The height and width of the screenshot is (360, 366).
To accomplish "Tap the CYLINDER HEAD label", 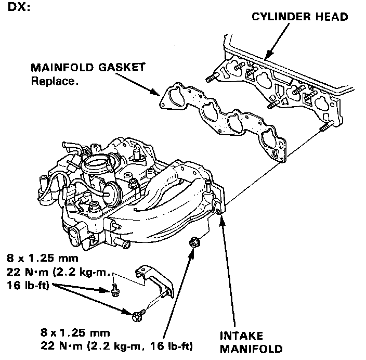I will (x=299, y=17).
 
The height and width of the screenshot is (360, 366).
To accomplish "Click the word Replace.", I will (x=55, y=81).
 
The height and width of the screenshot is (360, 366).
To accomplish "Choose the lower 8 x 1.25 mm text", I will (x=76, y=332).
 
